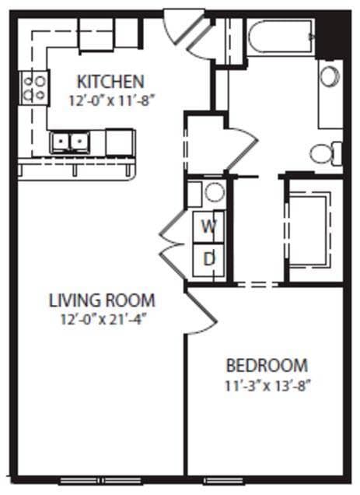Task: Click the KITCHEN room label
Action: click(x=110, y=81)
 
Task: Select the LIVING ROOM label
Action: click(x=102, y=300)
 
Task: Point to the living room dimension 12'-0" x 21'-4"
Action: click(x=102, y=318)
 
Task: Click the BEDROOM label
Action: click(x=267, y=365)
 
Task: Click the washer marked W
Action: click(x=208, y=226)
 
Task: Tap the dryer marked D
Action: click(x=208, y=258)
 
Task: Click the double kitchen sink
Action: click(x=70, y=142)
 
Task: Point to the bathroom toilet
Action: click(x=326, y=153)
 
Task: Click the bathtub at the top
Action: click(x=280, y=35)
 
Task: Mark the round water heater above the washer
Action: click(x=214, y=193)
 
